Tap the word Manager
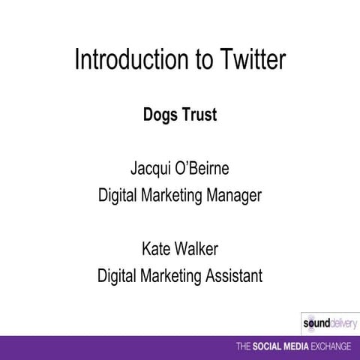point(232,196)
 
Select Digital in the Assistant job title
point(117,276)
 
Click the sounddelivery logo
point(328,323)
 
